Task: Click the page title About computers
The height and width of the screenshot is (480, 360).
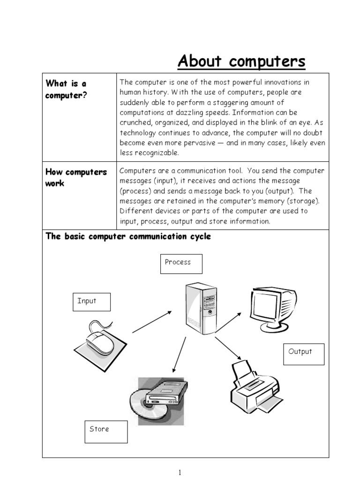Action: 241,61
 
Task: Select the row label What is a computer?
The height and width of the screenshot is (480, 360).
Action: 66,89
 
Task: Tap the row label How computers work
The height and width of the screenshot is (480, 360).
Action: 76,178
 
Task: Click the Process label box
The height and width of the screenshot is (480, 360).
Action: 181,263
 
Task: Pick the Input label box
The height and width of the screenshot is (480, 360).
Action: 91,302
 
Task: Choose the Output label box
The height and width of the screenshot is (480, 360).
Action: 303,353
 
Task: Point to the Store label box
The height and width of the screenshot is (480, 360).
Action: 106,431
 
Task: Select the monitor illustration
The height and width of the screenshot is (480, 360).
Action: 270,307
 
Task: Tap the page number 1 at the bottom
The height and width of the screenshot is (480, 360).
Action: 180,472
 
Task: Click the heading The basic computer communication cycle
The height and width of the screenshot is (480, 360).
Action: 128,236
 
